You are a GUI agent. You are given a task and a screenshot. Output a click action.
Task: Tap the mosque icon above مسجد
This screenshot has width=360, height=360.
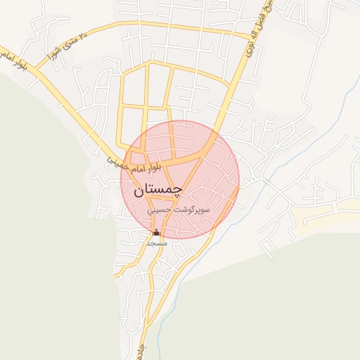[156, 233]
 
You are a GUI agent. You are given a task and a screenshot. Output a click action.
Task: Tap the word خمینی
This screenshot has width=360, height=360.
[118, 161]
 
